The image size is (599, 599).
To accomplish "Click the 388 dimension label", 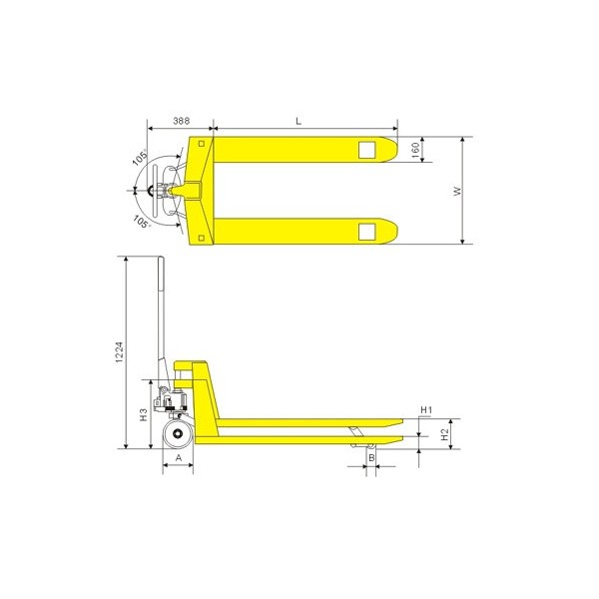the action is pyautogui.click(x=181, y=121).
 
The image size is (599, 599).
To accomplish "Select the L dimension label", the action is pyautogui.click(x=299, y=121).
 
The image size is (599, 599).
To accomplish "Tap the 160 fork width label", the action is pyautogui.click(x=416, y=150).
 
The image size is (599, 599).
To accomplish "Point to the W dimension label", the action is pyautogui.click(x=457, y=191).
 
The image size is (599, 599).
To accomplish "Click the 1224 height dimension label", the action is pyautogui.click(x=120, y=352).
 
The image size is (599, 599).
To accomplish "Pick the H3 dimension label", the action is pyautogui.click(x=143, y=415).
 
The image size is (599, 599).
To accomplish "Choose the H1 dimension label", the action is pyautogui.click(x=426, y=410).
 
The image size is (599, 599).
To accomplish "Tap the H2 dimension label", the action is pyautogui.click(x=444, y=434).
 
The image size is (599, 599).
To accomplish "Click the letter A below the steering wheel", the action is pyautogui.click(x=179, y=457).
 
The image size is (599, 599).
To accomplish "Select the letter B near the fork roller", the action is pyautogui.click(x=371, y=457).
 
